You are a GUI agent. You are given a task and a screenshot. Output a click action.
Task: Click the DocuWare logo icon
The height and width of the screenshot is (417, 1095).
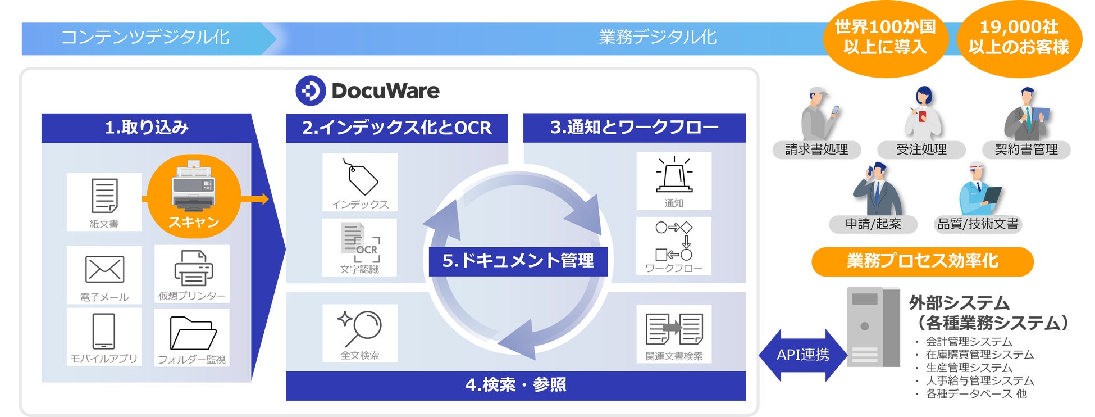pos(311,90)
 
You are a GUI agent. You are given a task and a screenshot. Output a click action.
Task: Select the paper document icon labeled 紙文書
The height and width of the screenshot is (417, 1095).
pos(104,195)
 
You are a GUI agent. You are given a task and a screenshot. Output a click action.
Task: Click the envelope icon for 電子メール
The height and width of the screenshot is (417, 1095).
pos(104,269)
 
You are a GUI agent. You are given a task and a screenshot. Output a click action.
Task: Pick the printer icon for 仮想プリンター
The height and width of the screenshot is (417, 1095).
pos(193,268)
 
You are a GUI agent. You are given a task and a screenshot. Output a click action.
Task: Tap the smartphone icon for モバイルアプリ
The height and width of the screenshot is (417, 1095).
pos(104,331)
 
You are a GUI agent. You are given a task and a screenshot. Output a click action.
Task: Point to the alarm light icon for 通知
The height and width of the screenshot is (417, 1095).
pos(674,175)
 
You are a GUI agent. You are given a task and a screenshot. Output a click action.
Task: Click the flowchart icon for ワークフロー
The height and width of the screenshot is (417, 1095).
pos(674,241)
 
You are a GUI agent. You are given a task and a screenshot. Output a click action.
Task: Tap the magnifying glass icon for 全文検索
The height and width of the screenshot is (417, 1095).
pos(360,328)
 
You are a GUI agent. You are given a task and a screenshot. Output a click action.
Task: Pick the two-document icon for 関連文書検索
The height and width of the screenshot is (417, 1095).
pos(674,329)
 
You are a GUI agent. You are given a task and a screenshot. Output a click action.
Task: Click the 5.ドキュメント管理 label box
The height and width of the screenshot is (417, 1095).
pos(518,261)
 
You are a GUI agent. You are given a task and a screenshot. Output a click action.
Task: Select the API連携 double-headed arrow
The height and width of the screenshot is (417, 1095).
pos(802,355)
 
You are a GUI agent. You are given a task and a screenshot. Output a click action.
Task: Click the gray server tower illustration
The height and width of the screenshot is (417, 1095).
pos(873,327)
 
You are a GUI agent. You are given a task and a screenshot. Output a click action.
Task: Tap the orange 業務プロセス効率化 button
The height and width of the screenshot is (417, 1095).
pos(922,261)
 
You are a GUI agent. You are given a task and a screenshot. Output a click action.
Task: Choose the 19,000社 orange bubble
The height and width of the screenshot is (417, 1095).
pos(1019,37)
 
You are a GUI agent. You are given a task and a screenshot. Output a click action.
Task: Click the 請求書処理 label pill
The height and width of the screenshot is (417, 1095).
pos(816,149)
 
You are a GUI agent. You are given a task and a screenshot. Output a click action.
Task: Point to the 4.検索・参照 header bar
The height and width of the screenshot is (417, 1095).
pos(515,386)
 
